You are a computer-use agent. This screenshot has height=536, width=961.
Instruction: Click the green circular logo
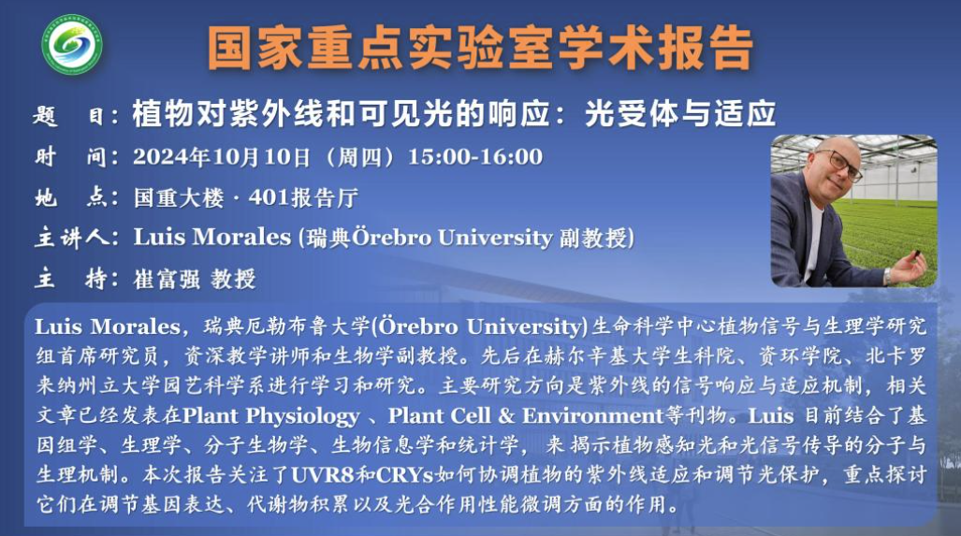click(72, 44)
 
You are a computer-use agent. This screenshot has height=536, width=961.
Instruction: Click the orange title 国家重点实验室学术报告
click(480, 49)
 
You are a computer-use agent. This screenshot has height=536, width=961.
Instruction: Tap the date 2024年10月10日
click(222, 157)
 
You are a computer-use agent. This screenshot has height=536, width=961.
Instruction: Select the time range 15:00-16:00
click(475, 157)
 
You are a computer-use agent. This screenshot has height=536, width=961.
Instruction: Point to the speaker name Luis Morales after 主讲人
click(212, 237)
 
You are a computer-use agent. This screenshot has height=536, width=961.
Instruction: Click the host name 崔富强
click(167, 279)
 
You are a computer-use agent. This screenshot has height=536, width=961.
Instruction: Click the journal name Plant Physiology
click(270, 416)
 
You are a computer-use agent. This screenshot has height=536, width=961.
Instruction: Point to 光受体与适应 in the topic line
click(679, 113)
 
